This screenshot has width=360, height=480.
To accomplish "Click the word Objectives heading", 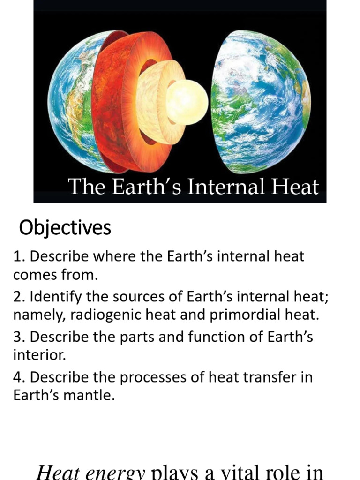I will (65, 228).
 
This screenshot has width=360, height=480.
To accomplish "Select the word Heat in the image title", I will (295, 187).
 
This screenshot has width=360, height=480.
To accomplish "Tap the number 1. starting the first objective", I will (19, 257).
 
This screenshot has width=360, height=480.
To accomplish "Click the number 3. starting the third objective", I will (19, 337).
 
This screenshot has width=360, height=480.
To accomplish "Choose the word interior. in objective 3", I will (40, 355).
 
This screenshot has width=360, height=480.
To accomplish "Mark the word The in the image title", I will (84, 187).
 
